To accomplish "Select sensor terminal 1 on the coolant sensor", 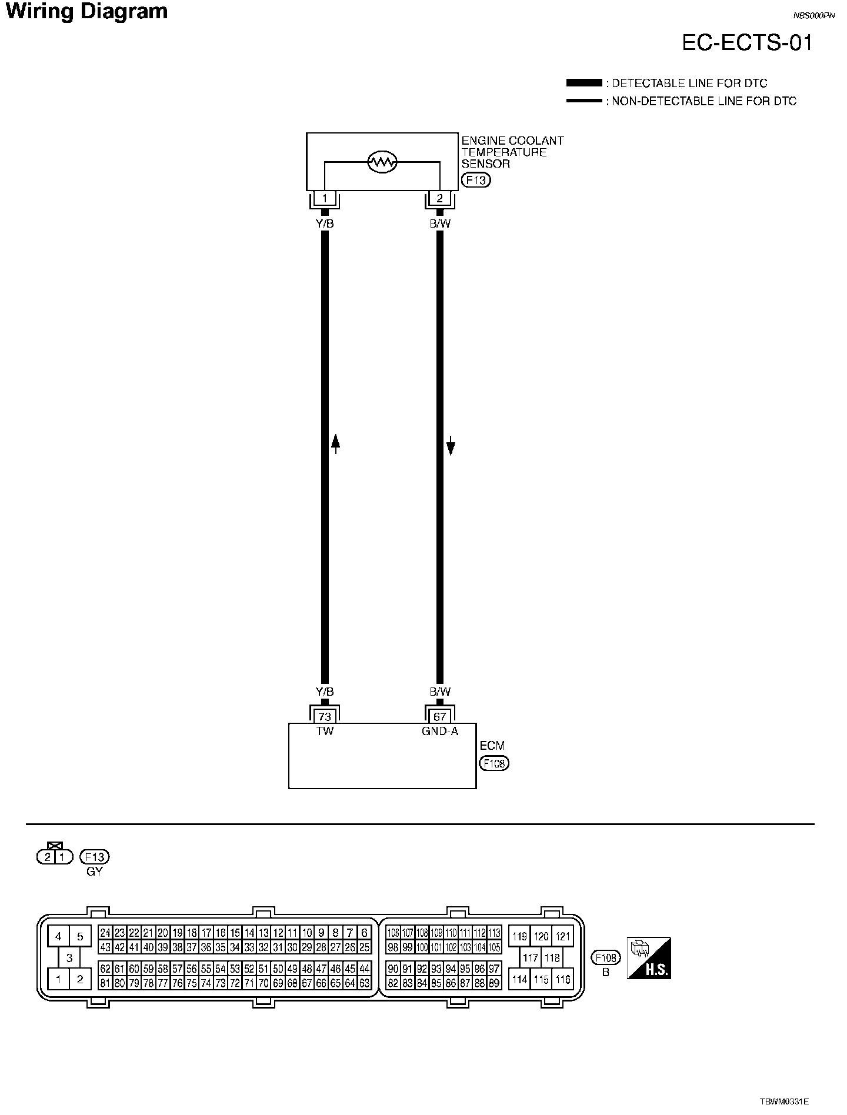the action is point(324,198).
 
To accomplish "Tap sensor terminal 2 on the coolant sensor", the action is point(439,198).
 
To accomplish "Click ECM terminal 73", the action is point(324,716).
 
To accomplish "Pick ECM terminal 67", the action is point(439,716).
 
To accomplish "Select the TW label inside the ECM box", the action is point(324,731).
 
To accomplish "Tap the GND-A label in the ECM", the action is point(439,731).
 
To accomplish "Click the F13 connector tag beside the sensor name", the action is point(475,180).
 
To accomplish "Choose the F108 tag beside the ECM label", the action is point(494,763).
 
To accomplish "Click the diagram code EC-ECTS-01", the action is point(747,43).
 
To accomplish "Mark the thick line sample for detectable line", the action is point(583,83).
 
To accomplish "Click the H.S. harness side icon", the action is point(649,958).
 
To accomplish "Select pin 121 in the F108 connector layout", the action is point(563,937).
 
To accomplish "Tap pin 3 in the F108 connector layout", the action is point(69,958).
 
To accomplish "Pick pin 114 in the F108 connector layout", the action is point(519,979).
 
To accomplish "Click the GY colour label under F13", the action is point(94,872).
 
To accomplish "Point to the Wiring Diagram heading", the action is point(86,11).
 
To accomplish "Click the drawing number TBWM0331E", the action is point(784,1101).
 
